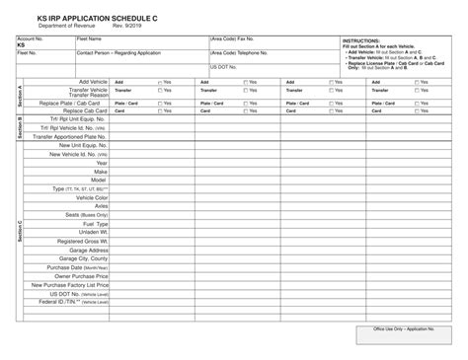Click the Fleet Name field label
coord(90,38)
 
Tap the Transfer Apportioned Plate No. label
coord(70,137)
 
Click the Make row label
coord(100,173)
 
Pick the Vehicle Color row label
coord(89,196)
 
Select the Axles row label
coord(100,205)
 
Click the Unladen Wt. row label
coord(91,232)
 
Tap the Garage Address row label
coord(84,250)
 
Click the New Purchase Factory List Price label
coord(68,285)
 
